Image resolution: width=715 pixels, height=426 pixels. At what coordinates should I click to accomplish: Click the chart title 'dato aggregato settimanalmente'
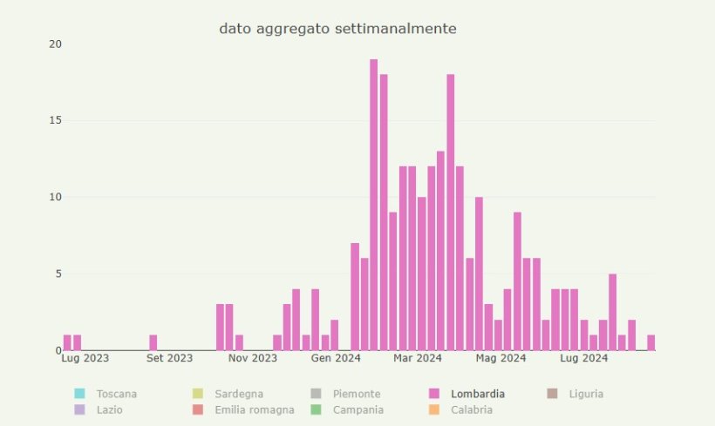[337, 29]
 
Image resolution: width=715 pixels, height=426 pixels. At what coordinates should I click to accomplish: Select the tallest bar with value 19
[373, 205]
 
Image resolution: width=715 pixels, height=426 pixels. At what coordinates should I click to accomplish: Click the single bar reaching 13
[440, 251]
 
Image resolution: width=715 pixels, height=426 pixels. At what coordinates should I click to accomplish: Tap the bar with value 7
[355, 296]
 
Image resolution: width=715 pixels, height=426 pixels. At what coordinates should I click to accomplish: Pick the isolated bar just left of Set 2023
[153, 342]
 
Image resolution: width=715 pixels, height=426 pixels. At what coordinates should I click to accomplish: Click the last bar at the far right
[650, 342]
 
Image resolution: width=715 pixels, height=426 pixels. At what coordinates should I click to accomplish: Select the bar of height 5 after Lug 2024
[612, 312]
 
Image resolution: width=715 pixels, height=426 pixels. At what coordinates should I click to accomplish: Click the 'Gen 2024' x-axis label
[336, 358]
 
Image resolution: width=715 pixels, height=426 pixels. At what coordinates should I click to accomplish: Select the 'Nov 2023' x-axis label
[253, 358]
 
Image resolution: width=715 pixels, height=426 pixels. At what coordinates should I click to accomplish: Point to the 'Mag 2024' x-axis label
[500, 358]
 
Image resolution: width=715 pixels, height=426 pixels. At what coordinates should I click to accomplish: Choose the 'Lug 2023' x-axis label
[85, 358]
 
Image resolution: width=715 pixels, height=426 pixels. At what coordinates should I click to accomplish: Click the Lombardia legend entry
[477, 394]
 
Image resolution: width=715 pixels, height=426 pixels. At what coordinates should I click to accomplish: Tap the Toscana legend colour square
[79, 394]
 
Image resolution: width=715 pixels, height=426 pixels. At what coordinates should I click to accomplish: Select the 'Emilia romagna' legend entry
[254, 409]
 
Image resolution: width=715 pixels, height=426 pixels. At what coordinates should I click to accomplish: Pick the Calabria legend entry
[471, 409]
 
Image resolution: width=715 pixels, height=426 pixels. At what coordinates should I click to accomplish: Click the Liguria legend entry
[585, 394]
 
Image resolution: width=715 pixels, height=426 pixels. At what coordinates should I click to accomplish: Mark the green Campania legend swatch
[316, 409]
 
